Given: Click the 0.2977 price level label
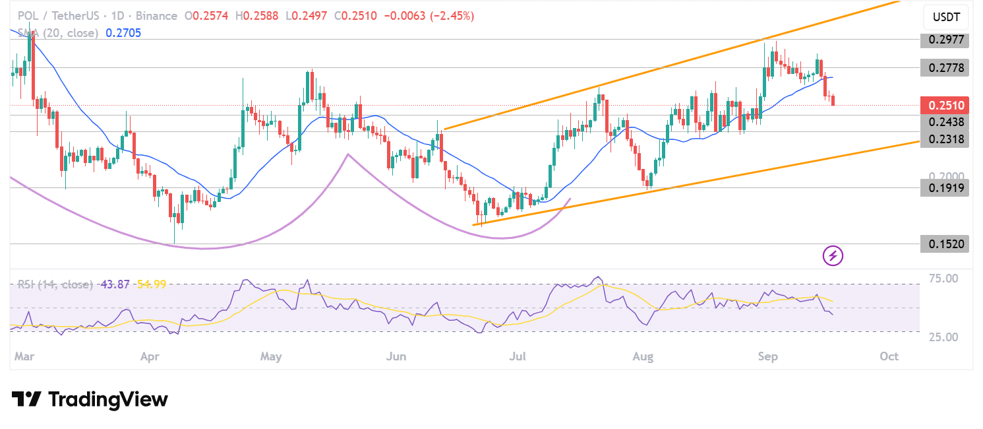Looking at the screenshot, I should pyautogui.click(x=946, y=40).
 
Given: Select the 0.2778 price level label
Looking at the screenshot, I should pyautogui.click(x=946, y=67).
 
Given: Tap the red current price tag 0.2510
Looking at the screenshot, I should pyautogui.click(x=946, y=105).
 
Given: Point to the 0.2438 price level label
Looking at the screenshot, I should pyautogui.click(x=946, y=122).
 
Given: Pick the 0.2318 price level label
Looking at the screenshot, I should pyautogui.click(x=946, y=139).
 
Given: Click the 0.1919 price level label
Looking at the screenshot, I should pyautogui.click(x=946, y=188).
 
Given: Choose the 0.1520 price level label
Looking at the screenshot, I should pyautogui.click(x=946, y=244).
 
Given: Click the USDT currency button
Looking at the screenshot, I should pyautogui.click(x=946, y=16).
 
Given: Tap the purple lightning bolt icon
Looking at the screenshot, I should pyautogui.click(x=833, y=255).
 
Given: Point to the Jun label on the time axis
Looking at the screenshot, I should pyautogui.click(x=396, y=356).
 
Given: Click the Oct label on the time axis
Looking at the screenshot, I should pyautogui.click(x=889, y=356).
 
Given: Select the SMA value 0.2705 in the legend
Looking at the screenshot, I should pyautogui.click(x=123, y=32).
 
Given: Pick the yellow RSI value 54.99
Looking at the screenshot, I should pyautogui.click(x=151, y=284).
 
